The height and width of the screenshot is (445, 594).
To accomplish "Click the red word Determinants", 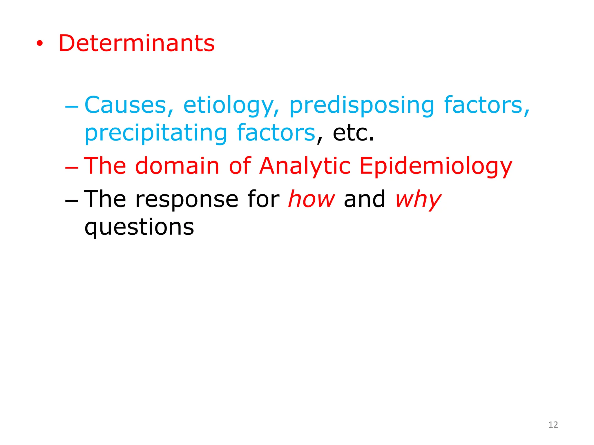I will pyautogui.click(x=137, y=43).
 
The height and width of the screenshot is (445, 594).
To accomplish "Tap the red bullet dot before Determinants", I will pyautogui.click(x=40, y=44).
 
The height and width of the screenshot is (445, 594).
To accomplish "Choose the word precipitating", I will pyautogui.click(x=156, y=133).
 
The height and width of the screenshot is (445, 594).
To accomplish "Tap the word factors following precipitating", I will pyautogui.click(x=276, y=133).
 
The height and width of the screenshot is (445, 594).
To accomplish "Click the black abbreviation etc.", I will pyautogui.click(x=353, y=133).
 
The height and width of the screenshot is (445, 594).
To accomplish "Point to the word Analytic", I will pyautogui.click(x=305, y=167).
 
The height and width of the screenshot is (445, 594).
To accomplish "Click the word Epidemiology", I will pyautogui.click(x=436, y=167).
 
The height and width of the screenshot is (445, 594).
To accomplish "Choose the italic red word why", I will pyautogui.click(x=418, y=200).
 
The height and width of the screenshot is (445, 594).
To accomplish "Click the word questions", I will pyautogui.click(x=139, y=228).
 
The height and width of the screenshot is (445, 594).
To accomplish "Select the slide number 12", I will pyautogui.click(x=553, y=425).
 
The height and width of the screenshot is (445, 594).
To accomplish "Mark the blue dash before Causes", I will pyautogui.click(x=72, y=107).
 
